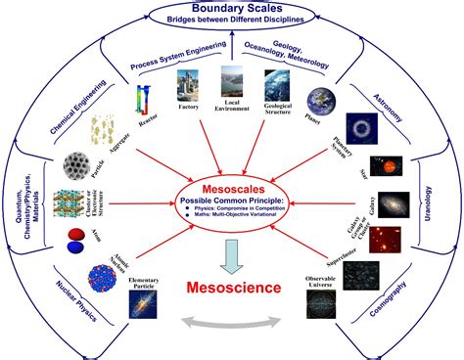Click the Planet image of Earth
tap(322, 102)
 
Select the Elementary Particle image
tap(141, 299)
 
